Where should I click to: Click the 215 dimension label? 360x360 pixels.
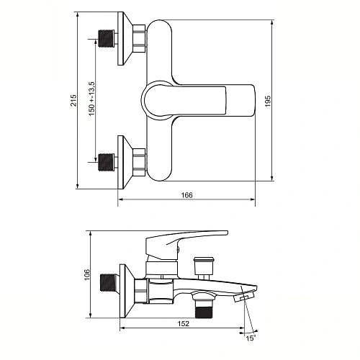pos(73,100)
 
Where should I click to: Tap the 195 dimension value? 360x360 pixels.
pos(268,101)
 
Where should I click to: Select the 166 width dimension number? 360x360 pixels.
pos(186,195)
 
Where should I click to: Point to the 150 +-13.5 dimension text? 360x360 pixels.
pos(91,99)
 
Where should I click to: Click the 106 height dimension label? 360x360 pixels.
pos(87,274)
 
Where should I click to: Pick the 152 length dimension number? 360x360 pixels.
pos(184,323)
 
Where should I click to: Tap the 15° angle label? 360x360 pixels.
pos(251,338)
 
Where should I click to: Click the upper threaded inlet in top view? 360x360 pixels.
pos(107,39)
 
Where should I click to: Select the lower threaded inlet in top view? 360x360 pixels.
pos(107,162)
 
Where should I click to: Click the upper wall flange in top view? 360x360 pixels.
pos(125,38)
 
